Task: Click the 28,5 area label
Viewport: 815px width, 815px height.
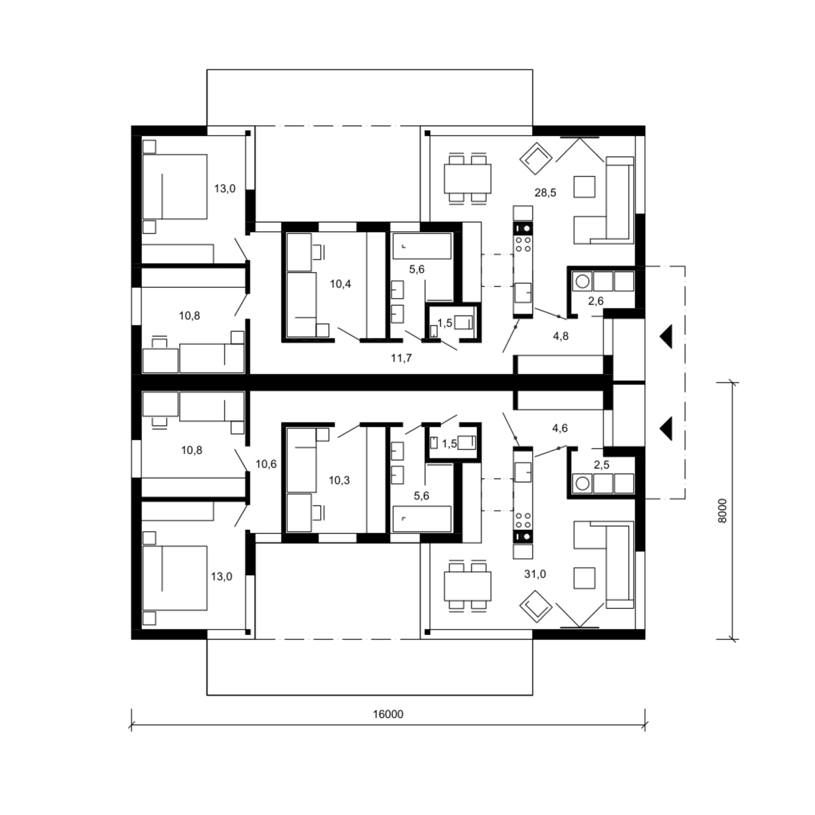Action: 545,192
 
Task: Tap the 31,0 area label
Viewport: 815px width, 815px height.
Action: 535,574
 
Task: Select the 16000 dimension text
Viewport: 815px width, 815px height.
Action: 388,714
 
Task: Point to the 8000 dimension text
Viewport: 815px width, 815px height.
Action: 722,511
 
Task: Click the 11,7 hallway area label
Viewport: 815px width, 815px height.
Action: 401,358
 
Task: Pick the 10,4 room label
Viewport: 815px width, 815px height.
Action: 340,284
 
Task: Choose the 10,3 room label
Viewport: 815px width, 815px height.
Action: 339,480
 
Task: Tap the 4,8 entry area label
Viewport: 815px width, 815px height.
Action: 561,336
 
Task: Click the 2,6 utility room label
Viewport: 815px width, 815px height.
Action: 596,300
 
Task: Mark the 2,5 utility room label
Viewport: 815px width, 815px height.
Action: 602,465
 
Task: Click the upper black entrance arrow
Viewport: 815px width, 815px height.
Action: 666,336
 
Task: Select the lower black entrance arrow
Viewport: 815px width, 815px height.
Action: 666,428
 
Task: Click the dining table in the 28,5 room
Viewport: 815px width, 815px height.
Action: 467,178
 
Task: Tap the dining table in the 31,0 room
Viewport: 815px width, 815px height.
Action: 467,586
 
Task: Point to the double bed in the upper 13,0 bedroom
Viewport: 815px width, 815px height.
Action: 174,186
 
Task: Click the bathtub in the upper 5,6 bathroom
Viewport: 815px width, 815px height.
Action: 422,246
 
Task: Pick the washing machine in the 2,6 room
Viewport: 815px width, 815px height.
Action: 582,281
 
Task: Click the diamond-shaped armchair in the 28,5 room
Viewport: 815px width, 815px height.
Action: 536,159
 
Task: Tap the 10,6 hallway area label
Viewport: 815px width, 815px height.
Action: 266,464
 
